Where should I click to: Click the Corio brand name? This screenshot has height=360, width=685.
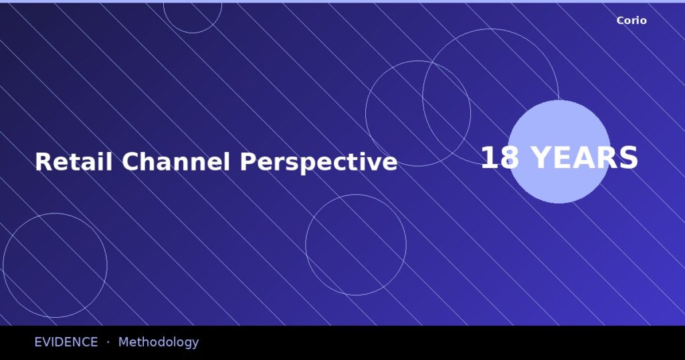[x=631, y=21]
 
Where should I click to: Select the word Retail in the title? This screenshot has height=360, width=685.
[x=74, y=162]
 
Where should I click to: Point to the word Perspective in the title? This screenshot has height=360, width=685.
[x=318, y=163]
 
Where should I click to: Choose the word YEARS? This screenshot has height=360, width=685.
[x=584, y=159]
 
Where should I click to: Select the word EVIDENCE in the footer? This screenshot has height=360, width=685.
[x=66, y=342]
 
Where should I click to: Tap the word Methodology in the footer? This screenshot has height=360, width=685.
[x=159, y=343]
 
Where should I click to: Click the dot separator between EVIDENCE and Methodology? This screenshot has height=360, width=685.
[x=108, y=342]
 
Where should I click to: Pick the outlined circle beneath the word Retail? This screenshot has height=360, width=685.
[x=55, y=266]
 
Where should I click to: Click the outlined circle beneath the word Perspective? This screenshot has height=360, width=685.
[x=356, y=245]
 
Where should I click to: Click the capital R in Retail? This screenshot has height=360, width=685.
[x=43, y=162]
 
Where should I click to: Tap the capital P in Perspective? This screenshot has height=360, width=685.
[x=248, y=162]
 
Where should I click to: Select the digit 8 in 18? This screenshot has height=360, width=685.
[x=510, y=159]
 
